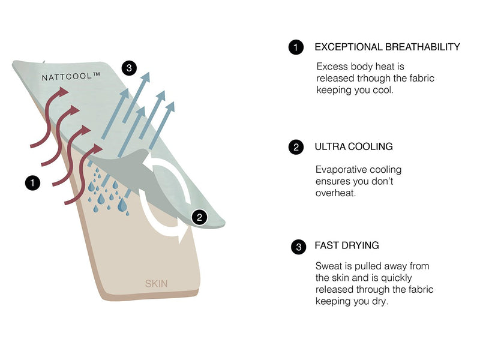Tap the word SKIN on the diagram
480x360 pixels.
tap(157, 283)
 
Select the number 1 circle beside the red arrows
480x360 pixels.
tap(32, 182)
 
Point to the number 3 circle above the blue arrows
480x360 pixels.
tap(129, 68)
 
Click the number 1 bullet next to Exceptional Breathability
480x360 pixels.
tap(296, 47)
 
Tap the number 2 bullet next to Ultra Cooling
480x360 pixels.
tap(296, 147)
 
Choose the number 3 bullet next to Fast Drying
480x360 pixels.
tap(298, 247)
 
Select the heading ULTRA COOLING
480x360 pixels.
tap(354, 146)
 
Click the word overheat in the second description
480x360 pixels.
tap(334, 193)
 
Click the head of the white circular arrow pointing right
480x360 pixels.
tap(182, 236)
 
